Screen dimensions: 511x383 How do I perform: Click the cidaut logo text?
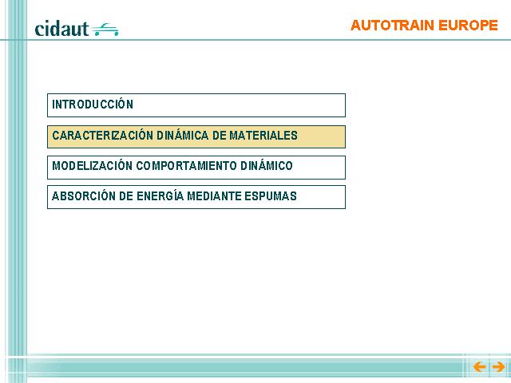[x=61, y=29]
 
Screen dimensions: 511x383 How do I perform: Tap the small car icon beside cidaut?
[x=105, y=30]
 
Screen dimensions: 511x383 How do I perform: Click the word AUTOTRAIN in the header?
[x=392, y=26]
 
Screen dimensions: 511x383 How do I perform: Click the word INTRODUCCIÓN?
[x=93, y=104]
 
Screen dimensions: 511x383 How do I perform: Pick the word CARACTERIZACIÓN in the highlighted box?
[x=103, y=135]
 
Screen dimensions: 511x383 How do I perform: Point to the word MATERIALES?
[x=263, y=135]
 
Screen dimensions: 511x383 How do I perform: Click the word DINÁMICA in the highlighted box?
[x=183, y=135]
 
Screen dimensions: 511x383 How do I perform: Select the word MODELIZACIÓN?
[x=93, y=165]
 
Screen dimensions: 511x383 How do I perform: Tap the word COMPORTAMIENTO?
[x=186, y=165]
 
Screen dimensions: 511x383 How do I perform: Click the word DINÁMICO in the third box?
[x=267, y=165]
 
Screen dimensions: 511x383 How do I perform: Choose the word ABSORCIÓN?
[x=84, y=195]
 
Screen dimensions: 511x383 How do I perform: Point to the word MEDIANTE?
[x=214, y=195]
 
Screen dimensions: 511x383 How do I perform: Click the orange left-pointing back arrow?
[x=479, y=367]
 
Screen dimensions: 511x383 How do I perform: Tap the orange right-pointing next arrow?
[x=498, y=367]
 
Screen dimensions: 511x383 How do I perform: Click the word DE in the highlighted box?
[x=219, y=135]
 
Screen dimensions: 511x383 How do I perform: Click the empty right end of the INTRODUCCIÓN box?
[x=326, y=105]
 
